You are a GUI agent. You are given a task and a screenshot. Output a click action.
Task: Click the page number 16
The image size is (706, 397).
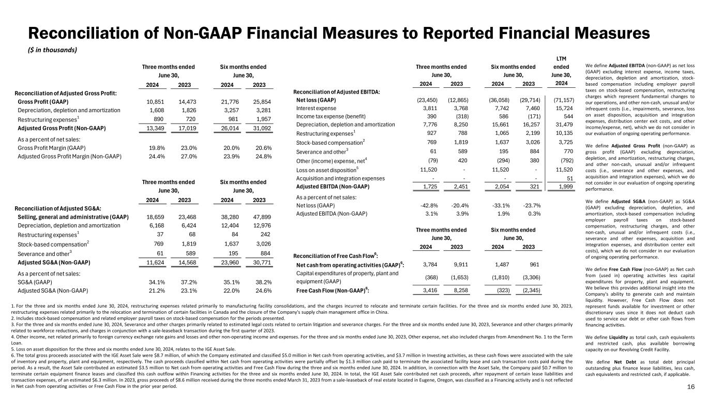(690, 387)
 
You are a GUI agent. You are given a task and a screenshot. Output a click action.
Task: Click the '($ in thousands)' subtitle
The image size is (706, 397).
(52, 50)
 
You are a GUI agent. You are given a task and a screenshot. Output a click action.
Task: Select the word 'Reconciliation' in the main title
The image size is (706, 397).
(83, 33)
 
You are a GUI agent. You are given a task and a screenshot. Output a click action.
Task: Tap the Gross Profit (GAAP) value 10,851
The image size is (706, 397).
(155, 102)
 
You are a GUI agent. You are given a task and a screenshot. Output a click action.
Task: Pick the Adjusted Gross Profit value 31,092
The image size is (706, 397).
(262, 128)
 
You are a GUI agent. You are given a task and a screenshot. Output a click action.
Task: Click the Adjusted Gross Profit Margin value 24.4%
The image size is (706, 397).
(157, 156)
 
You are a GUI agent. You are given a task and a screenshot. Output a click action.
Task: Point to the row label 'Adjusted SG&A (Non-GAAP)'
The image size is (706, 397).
(54, 263)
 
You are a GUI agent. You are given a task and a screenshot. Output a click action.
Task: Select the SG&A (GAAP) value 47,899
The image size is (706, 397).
(262, 217)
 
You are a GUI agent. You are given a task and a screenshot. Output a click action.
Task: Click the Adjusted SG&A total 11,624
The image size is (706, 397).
(155, 263)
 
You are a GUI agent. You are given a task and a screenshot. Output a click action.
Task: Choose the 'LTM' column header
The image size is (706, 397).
(561, 58)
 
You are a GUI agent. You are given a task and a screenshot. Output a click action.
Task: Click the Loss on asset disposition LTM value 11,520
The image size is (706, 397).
(564, 170)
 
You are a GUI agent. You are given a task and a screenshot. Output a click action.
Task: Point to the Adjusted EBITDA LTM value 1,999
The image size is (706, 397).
(566, 187)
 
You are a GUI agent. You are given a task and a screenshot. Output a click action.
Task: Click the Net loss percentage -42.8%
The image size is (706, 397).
(429, 206)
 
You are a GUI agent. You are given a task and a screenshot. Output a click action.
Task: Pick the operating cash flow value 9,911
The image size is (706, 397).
(461, 265)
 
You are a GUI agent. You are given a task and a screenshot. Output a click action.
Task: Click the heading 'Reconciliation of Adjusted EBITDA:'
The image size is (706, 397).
(337, 92)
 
